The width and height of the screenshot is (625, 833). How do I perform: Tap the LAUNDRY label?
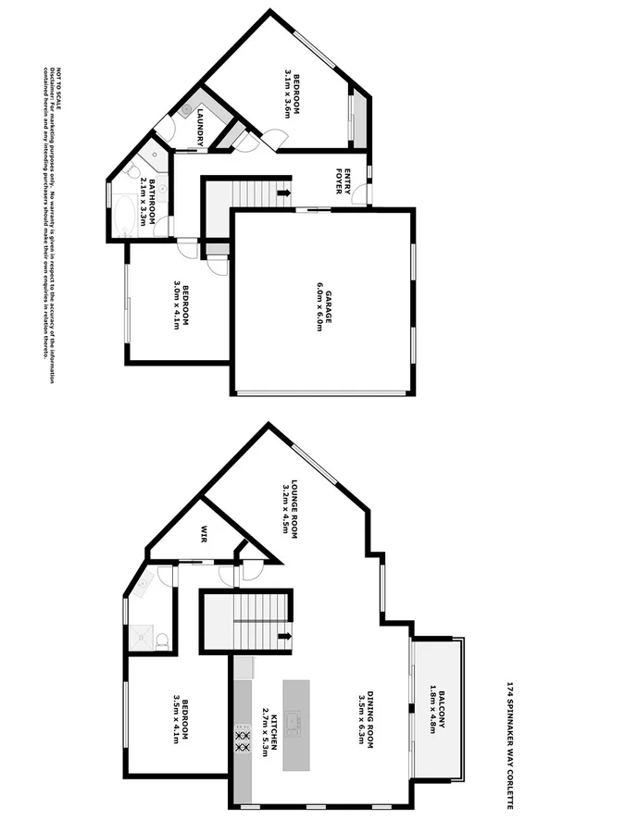[200, 127]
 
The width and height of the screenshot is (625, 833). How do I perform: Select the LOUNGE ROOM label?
[290, 508]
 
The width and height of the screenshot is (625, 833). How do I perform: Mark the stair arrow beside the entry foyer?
[283, 193]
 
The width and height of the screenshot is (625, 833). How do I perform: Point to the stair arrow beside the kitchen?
[283, 636]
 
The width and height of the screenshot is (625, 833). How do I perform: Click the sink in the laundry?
[186, 109]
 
